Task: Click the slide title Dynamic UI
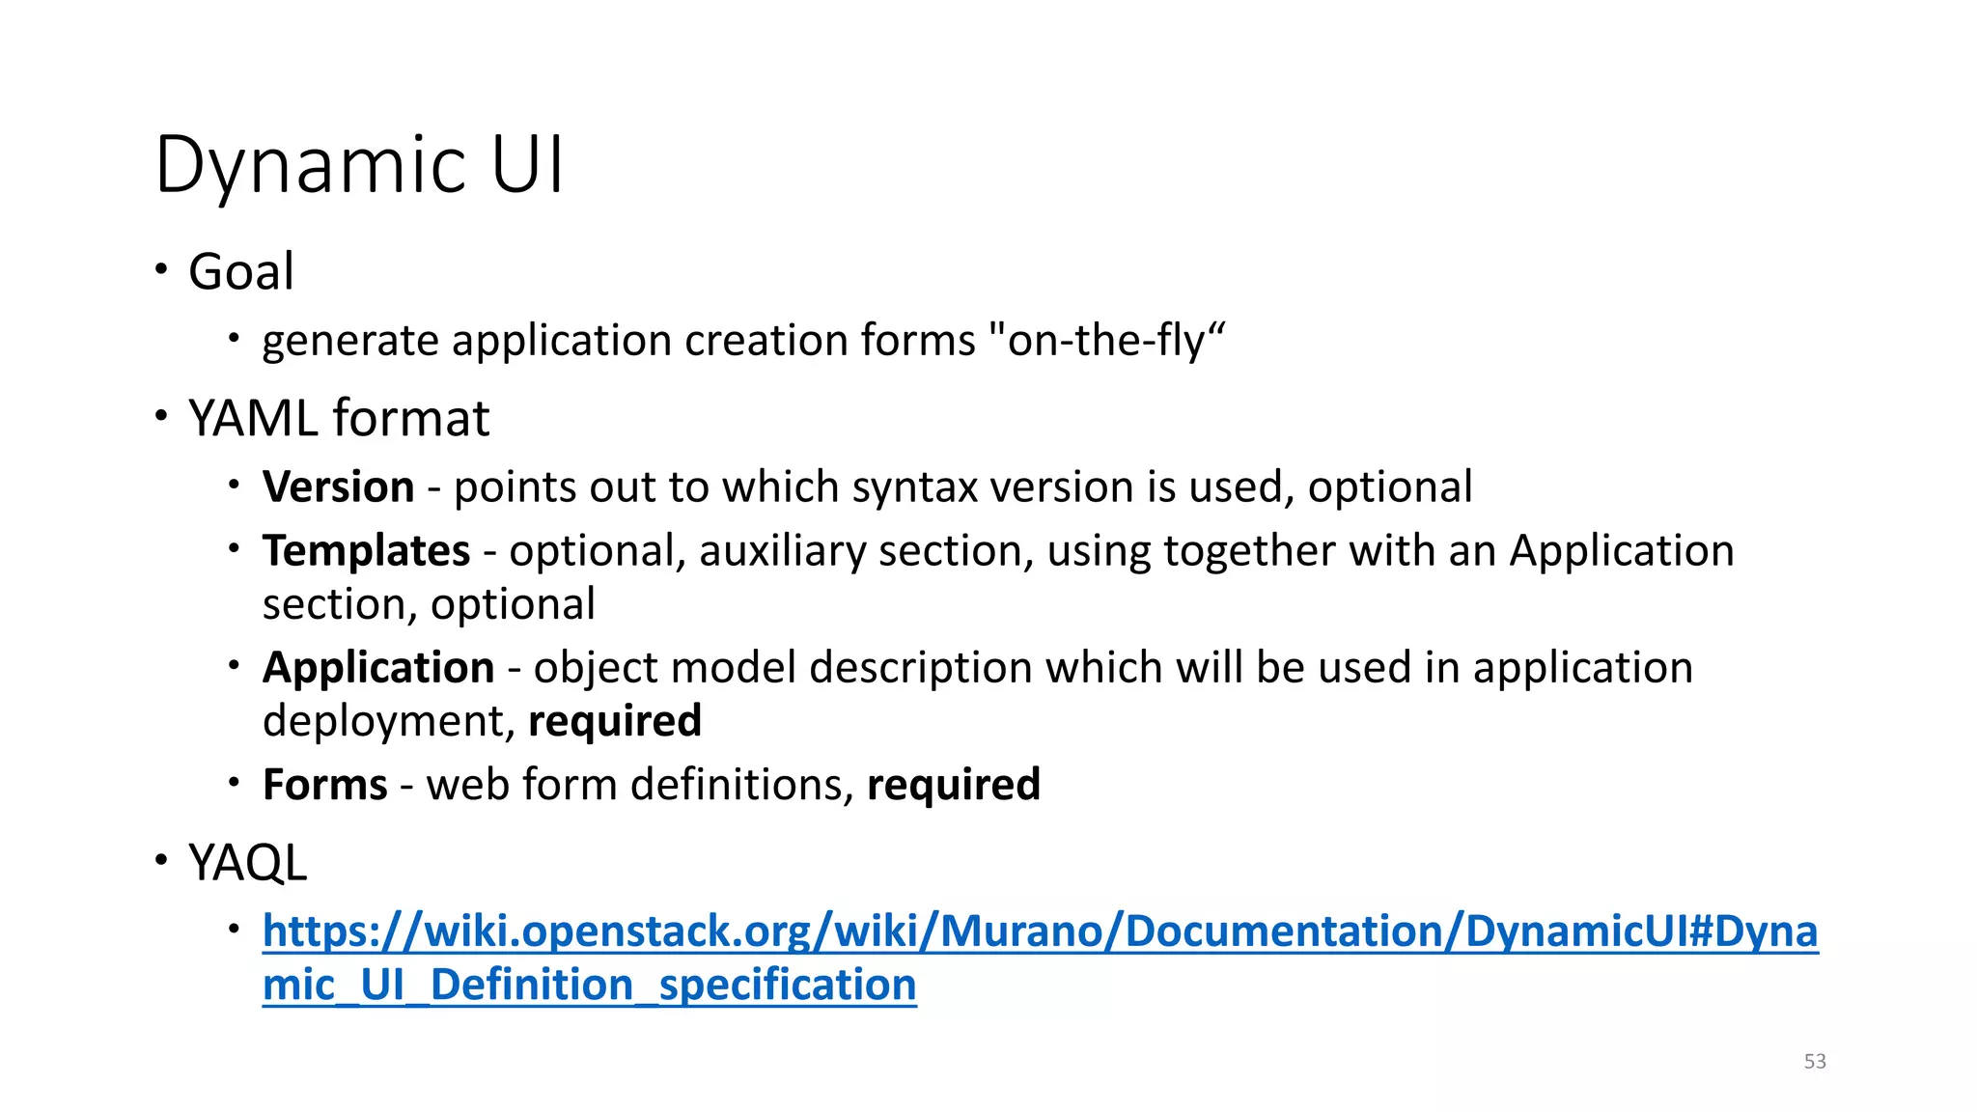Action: coord(358,165)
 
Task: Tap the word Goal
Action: coord(241,271)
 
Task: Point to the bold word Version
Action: coord(338,486)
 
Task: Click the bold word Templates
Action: coord(366,550)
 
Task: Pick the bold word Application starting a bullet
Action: coord(378,667)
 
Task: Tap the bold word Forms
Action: coord(324,784)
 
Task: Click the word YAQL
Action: coord(247,862)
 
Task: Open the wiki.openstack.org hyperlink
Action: coord(1040,931)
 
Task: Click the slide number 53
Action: coord(1815,1061)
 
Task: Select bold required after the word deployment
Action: coord(615,721)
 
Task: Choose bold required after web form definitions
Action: coord(954,784)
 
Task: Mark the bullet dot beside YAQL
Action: coord(161,858)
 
